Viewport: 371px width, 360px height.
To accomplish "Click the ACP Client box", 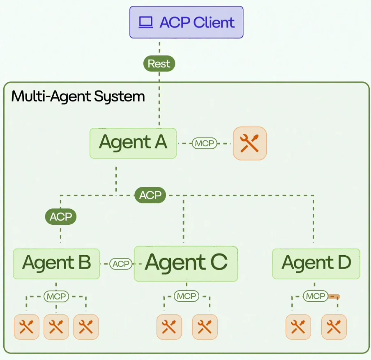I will (186, 22).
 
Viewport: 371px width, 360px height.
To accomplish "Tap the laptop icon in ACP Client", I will (145, 22).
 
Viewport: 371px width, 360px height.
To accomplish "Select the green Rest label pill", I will (159, 64).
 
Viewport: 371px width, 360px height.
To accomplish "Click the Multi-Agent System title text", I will (78, 97).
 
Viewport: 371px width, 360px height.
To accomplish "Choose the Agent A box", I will (133, 143).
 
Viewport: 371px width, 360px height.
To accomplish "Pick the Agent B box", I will (56, 263).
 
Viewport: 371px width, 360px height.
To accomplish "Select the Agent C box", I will (186, 263).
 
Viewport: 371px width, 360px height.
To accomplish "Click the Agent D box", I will (316, 263).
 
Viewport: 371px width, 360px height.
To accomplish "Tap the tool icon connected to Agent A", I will (250, 143).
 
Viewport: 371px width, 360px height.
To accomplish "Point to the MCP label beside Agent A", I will (205, 143).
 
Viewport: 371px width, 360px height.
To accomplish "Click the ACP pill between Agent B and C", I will (121, 264).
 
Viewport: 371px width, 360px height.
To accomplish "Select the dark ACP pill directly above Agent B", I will (61, 217).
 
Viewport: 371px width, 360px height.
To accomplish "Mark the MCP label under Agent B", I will (56, 296).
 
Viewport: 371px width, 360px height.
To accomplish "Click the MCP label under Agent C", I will (186, 296).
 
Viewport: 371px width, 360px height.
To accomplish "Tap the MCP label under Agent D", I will (315, 296).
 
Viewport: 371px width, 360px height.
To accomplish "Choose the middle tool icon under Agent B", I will (56, 327).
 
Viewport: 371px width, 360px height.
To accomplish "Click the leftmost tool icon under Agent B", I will (27, 327).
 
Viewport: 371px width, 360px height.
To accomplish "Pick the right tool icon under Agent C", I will (205, 327).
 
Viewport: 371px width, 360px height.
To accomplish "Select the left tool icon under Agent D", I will (298, 327).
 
